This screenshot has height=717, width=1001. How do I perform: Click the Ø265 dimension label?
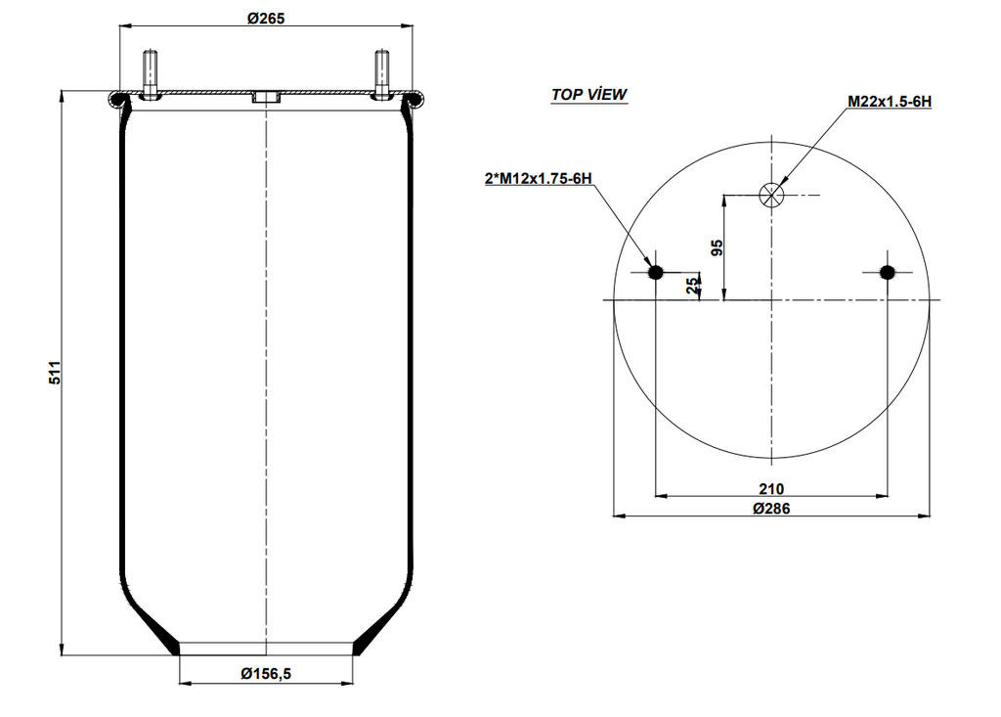265,18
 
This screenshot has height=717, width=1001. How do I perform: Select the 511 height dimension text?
55,373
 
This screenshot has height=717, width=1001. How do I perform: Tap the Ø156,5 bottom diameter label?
265,673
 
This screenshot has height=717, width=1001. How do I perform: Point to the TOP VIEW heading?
588,95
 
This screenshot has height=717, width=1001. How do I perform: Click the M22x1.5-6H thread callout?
889,101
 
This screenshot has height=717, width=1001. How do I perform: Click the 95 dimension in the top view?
717,247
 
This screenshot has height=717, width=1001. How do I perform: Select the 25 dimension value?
693,286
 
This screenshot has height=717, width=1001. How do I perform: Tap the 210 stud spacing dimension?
771,488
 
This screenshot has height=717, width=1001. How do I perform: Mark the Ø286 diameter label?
771,508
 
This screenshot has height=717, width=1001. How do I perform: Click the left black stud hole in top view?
656,272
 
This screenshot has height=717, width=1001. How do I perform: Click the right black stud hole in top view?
887,272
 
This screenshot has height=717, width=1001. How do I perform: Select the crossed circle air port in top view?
771,195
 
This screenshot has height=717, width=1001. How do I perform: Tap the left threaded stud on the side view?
150,73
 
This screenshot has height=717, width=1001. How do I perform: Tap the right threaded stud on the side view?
381,73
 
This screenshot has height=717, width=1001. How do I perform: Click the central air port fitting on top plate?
265,98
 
